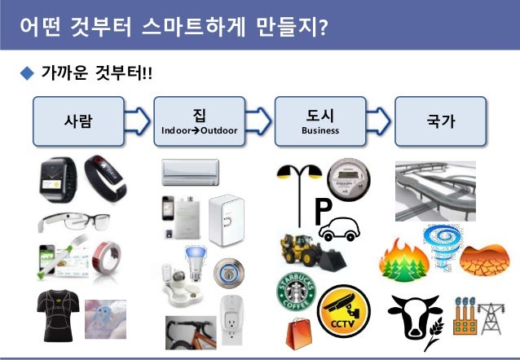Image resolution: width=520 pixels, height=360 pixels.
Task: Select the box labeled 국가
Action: (x=440, y=121)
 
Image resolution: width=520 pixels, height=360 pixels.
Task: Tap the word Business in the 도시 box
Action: (x=320, y=130)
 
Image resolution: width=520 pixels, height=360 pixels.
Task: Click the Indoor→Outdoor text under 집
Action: (x=200, y=130)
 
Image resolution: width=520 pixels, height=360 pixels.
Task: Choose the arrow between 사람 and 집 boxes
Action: (x=139, y=121)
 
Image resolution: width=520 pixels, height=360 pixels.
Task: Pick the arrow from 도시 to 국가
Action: (x=379, y=121)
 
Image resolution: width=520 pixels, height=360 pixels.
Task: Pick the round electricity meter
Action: (x=348, y=175)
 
